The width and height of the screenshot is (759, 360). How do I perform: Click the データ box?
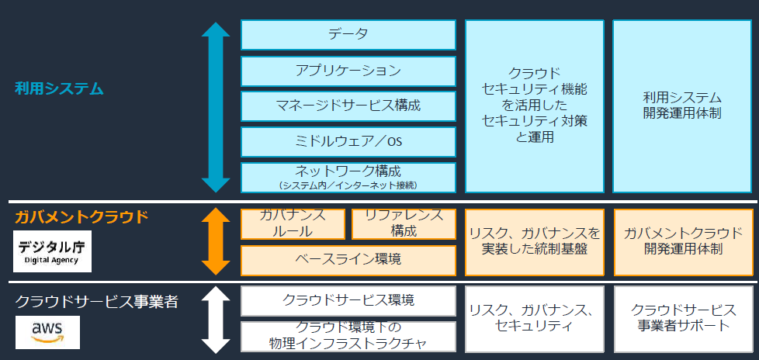tap(348, 34)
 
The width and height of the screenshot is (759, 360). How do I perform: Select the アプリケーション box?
tap(348, 71)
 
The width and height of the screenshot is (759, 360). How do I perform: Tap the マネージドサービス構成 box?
tap(348, 106)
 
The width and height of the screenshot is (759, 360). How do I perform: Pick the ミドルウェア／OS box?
tap(348, 141)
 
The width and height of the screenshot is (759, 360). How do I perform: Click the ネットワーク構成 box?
tap(348, 176)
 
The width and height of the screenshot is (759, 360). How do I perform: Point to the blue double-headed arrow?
tap(215, 107)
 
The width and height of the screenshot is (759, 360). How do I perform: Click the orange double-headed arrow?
tap(215, 241)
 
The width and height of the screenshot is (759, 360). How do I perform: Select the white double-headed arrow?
tap(215, 319)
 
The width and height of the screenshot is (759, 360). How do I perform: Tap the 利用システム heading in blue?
tap(59, 88)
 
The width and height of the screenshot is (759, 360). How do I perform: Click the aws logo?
tap(47, 332)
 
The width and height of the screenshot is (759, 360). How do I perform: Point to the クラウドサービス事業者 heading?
tap(97, 301)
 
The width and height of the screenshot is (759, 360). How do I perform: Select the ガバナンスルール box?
tap(293, 223)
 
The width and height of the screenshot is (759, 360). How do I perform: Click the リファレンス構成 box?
tap(404, 223)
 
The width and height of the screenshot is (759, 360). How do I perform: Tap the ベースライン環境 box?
tap(348, 260)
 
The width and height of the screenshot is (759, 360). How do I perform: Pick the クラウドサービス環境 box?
tap(348, 300)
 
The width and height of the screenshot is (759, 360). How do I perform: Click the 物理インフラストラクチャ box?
tap(348, 336)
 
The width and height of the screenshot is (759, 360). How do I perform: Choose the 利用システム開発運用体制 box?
tap(683, 106)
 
